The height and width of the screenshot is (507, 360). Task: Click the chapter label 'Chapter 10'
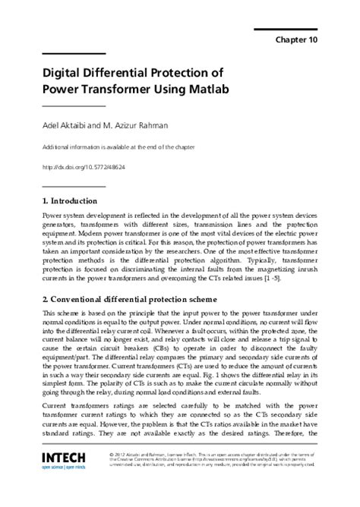(298, 39)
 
